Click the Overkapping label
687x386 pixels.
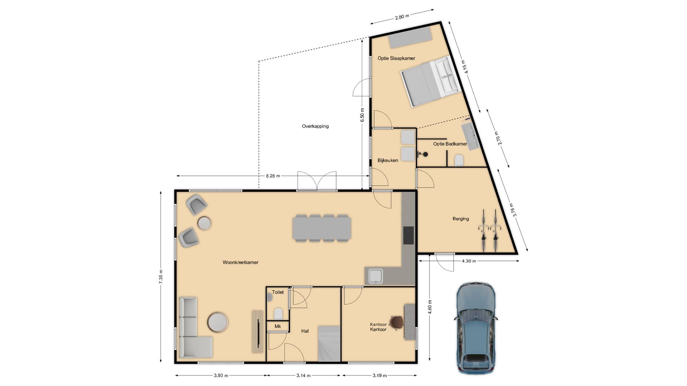click(x=315, y=126)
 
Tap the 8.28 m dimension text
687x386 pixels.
click(x=273, y=176)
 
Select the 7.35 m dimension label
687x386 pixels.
click(x=161, y=277)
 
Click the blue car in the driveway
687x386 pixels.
click(x=476, y=327)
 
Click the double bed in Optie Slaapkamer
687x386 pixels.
click(x=429, y=81)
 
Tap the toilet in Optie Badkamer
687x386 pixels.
click(x=459, y=160)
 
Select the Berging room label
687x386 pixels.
click(x=461, y=219)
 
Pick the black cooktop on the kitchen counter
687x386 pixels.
click(x=408, y=235)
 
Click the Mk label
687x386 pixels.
click(x=278, y=326)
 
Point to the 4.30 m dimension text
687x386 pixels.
click(x=469, y=261)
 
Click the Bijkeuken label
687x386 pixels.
click(x=388, y=160)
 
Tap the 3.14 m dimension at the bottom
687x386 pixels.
click(x=303, y=375)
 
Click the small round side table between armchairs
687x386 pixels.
click(x=204, y=223)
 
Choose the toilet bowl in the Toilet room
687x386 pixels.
click(x=278, y=314)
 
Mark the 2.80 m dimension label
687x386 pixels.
click(x=402, y=16)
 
